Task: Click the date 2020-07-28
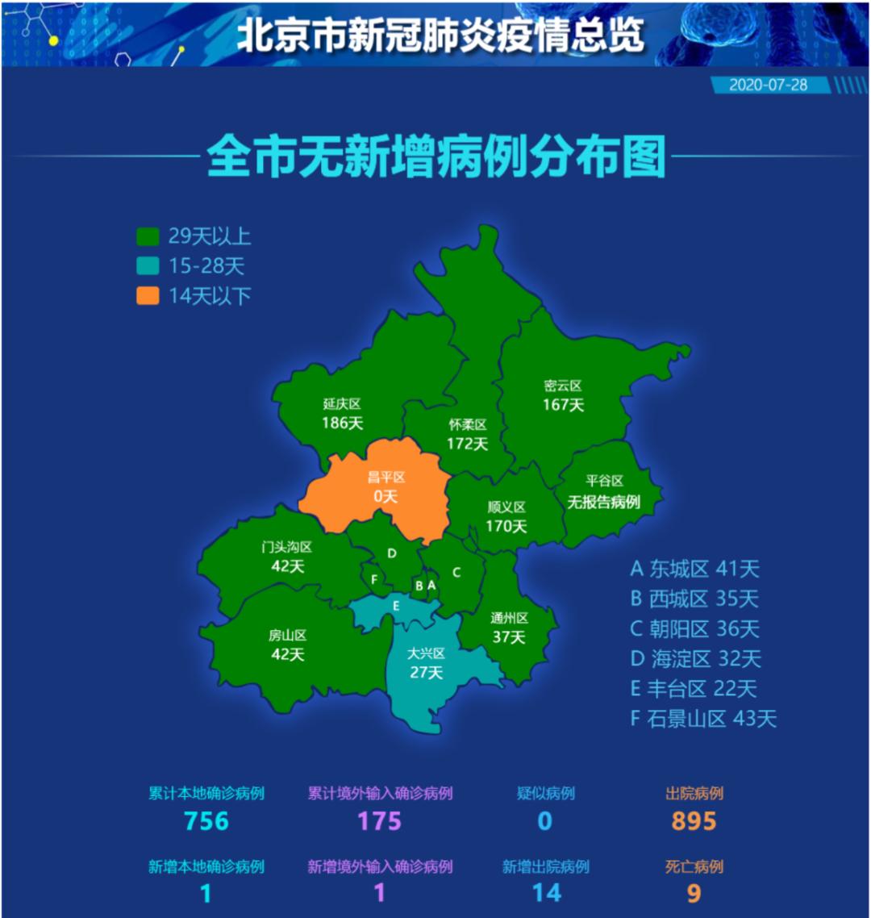pos(768,85)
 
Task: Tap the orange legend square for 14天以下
pos(147,295)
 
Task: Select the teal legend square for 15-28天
pos(147,265)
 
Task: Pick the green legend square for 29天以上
pos(147,236)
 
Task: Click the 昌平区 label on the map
pos(386,478)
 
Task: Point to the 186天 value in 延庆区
pos(343,423)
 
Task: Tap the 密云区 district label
pos(563,386)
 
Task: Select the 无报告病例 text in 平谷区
pos(603,502)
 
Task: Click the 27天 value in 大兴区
pos(426,673)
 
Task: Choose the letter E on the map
pos(396,605)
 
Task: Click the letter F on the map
pos(374,579)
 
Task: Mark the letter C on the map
pos(456,573)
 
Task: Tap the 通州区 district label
pos(509,618)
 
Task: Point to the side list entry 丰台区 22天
pos(694,689)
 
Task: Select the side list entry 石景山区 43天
pos(702,719)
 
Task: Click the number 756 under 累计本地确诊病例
pos(206,821)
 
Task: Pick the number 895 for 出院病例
pos(694,821)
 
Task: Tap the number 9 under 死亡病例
pos(694,893)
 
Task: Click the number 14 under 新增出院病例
pos(546,893)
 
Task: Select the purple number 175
pos(380,821)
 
